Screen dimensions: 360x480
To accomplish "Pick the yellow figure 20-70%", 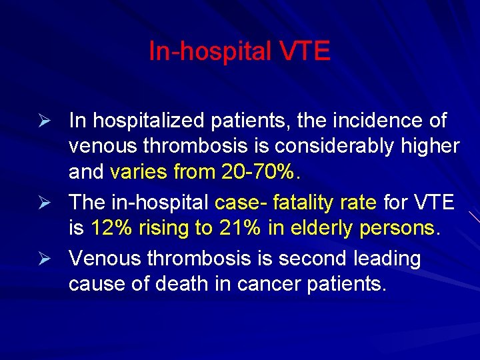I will [x=257, y=172].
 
